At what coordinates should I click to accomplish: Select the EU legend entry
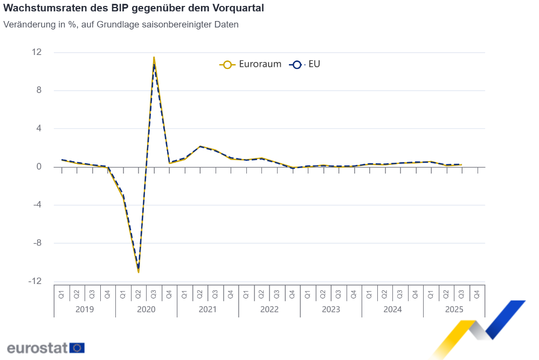pyautogui.click(x=306, y=64)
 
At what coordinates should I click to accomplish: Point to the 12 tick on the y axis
pyautogui.click(x=37, y=52)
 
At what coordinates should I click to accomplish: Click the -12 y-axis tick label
pyautogui.click(x=36, y=281)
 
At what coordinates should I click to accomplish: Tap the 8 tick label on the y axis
pyautogui.click(x=39, y=91)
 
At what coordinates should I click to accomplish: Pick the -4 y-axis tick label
pyautogui.click(x=37, y=205)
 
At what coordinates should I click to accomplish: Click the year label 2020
pyautogui.click(x=146, y=309)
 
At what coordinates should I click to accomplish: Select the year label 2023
pyautogui.click(x=331, y=309)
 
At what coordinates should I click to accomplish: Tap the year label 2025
pyautogui.click(x=454, y=309)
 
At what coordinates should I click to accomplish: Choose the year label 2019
pyautogui.click(x=85, y=309)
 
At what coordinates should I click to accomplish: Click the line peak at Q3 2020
pyautogui.click(x=154, y=57)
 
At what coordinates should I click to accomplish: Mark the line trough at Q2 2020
pyautogui.click(x=139, y=272)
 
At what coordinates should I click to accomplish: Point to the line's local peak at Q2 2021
pyautogui.click(x=200, y=146)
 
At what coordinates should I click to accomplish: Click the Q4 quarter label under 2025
pyautogui.click(x=477, y=294)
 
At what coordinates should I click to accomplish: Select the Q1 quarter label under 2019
pyautogui.click(x=62, y=294)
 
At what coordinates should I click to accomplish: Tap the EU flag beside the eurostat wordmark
pyautogui.click(x=77, y=348)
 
